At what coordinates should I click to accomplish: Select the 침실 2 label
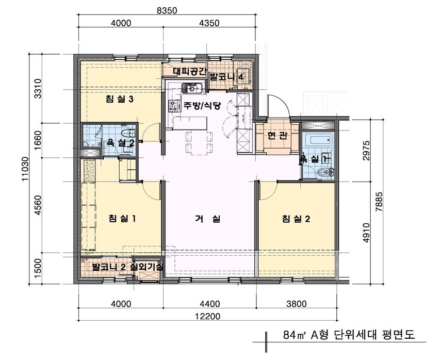coord(296,219)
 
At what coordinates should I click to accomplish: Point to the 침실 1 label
coord(122,219)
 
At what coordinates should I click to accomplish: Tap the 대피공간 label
coord(189,72)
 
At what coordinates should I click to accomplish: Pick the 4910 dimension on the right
coord(367,232)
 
